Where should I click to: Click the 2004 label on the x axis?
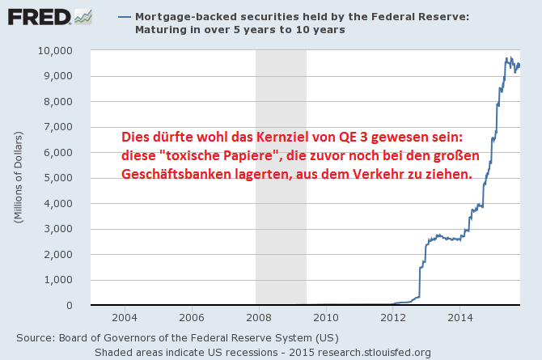pos(124,317)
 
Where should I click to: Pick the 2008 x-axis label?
pos(258,317)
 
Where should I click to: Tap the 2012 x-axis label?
pos(392,317)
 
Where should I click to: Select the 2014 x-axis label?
pos(459,317)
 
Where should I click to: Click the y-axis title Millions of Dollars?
pos(17,178)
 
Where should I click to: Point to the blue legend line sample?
pos(125,16)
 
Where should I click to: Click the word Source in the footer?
pos(35,337)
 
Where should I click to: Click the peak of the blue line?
pos(507,57)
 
